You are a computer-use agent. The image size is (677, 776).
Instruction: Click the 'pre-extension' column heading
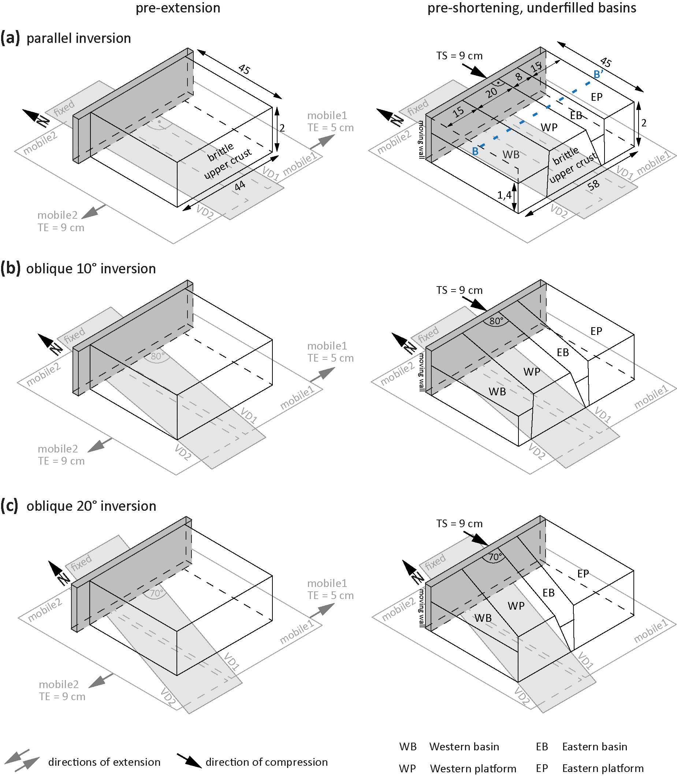pos(178,8)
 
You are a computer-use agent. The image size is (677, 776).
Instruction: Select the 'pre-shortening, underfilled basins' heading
pos(532,8)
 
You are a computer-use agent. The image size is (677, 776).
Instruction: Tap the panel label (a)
pos(10,38)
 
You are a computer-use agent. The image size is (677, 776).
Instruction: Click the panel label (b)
pos(10,268)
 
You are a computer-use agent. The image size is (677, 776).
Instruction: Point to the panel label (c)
pos(10,506)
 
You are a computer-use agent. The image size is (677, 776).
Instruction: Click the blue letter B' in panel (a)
pos(598,74)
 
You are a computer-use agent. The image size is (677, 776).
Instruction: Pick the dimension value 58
pos(593,185)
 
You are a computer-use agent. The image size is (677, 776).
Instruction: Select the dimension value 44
pos(240,186)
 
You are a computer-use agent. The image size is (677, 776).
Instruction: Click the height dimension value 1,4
pos(504,195)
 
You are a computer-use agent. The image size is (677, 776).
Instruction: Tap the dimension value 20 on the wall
pos(491,93)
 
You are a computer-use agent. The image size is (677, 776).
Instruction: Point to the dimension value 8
pos(519,76)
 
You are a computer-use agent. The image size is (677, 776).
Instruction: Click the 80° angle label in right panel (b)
pos(496,321)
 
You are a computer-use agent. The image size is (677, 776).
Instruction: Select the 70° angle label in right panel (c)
pos(495,557)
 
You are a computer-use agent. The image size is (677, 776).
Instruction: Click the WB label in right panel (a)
pos(511,154)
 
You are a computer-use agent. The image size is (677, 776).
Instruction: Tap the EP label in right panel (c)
pos(583,574)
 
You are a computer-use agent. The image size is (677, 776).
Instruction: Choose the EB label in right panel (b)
pos(562,352)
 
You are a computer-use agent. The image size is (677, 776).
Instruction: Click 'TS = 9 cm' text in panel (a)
pos(460,56)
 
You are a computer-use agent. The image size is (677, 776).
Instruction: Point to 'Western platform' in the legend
pos(473,768)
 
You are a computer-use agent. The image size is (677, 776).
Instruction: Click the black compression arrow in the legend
pos(189,761)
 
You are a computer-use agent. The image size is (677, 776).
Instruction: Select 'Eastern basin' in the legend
pos(595,747)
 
